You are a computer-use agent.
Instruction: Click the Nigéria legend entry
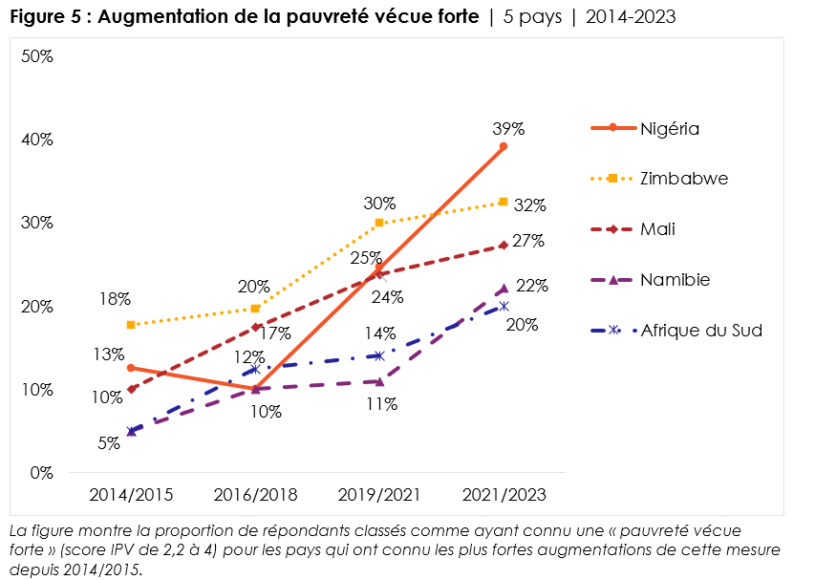click(670, 128)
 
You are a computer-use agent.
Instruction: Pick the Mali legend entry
click(658, 229)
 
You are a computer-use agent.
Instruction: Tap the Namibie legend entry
click(675, 280)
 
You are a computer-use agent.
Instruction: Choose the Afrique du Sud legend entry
click(701, 331)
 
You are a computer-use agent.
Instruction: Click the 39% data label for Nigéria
click(509, 129)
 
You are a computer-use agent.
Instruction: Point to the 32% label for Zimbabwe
click(529, 205)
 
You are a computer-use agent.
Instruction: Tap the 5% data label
click(108, 442)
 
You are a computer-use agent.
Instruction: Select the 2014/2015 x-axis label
click(131, 494)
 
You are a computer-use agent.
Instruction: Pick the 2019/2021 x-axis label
click(379, 494)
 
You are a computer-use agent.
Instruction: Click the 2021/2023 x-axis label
click(504, 494)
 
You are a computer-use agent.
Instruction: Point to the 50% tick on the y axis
click(36, 56)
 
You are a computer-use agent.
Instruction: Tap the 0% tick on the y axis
click(40, 473)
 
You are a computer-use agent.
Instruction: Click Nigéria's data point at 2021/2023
click(504, 147)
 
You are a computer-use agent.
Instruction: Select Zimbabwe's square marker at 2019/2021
click(379, 223)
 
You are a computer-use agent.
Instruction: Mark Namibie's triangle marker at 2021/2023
click(504, 289)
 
